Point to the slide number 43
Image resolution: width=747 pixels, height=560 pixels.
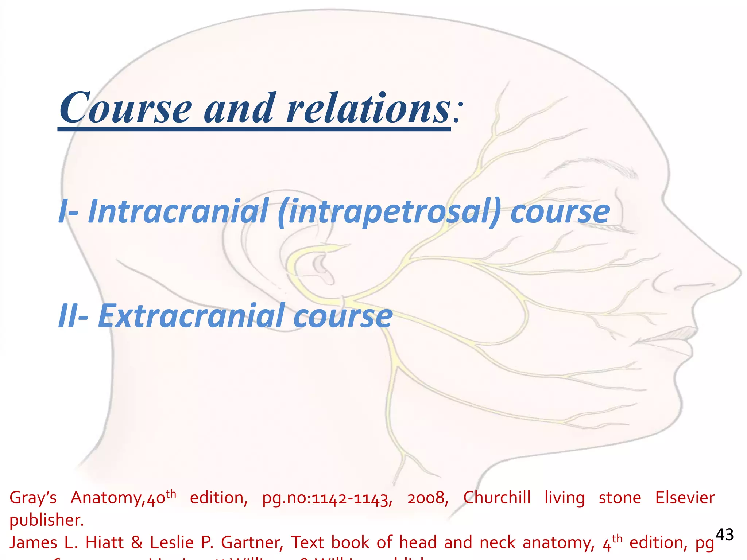724,535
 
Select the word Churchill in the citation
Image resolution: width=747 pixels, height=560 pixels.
497,498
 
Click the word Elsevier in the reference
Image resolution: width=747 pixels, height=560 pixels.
685,498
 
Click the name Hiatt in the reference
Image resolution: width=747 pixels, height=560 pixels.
104,542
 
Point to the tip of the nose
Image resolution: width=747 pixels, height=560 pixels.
739,273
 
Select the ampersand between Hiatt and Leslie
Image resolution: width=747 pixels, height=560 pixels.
136,542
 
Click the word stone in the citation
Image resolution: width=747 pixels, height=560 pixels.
620,498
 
